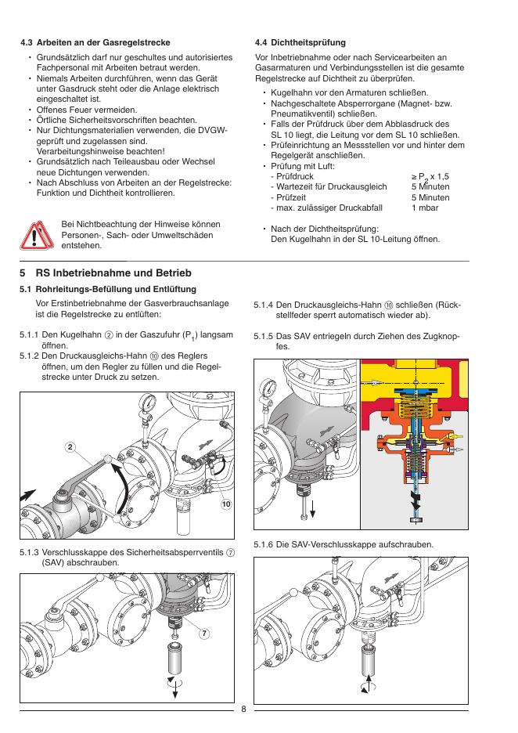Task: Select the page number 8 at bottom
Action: tap(243, 710)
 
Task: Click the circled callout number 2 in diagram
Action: tap(70, 447)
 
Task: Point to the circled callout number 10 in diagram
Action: tap(225, 505)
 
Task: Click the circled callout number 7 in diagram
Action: tap(203, 632)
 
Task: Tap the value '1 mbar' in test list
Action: tap(425, 208)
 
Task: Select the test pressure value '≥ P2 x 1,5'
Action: tap(430, 179)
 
